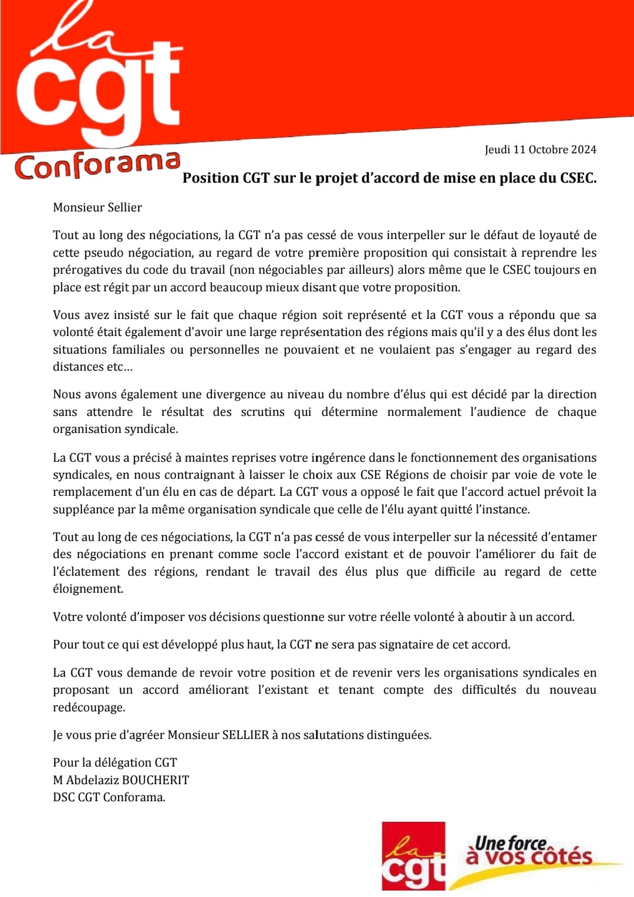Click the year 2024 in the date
tap(584, 149)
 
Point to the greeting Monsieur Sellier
tap(97, 207)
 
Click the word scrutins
tap(262, 412)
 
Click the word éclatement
tap(86, 572)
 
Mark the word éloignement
tap(88, 589)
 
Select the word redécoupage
tap(89, 707)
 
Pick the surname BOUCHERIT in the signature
tap(156, 780)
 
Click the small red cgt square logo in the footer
tap(413, 856)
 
